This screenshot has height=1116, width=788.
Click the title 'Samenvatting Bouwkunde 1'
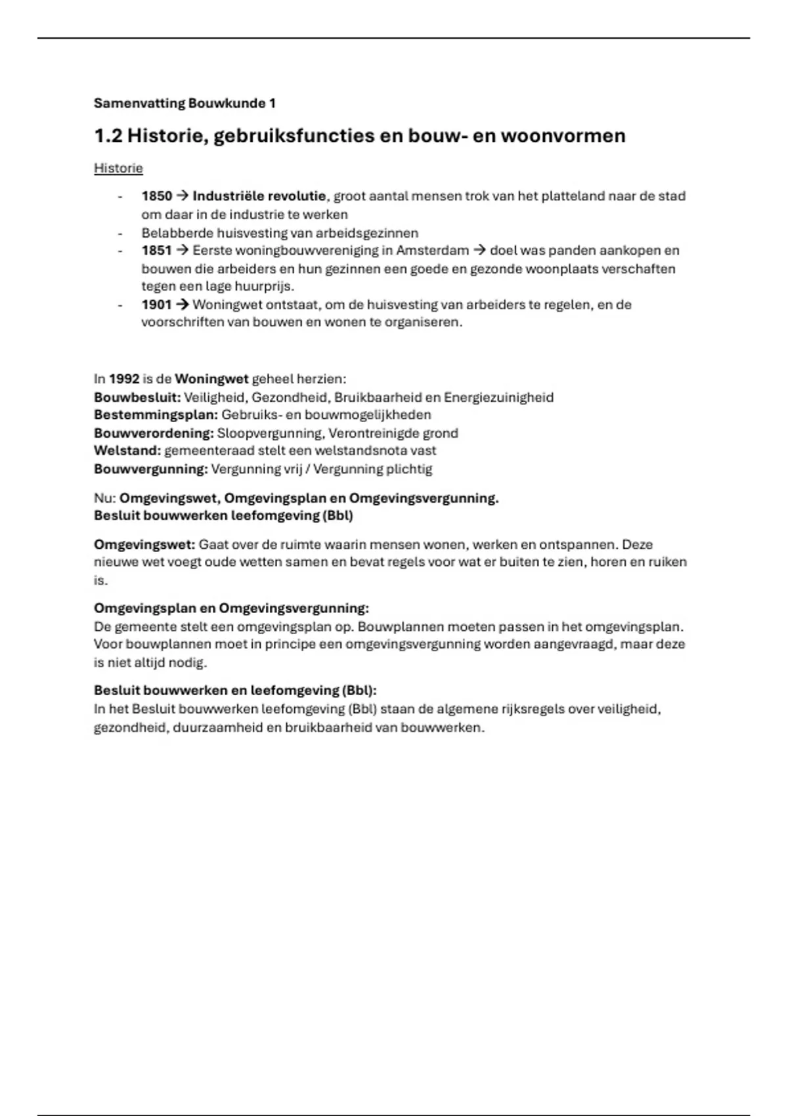point(185,103)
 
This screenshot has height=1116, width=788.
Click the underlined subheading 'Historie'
point(118,168)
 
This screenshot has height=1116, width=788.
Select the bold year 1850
point(156,196)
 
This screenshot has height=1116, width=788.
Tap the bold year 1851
point(156,251)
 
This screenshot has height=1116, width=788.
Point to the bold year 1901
point(156,305)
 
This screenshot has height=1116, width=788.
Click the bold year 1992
point(124,379)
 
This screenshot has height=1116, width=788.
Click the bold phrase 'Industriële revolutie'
point(259,196)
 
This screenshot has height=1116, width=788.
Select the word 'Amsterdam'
point(433,251)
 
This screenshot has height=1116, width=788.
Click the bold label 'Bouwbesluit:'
point(137,397)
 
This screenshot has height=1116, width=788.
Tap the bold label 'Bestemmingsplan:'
point(156,415)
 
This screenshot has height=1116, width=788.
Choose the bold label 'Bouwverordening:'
point(154,433)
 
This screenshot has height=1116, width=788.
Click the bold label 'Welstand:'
point(127,451)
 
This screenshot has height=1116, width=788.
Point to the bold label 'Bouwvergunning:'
point(151,469)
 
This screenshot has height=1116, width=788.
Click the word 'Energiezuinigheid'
point(498,397)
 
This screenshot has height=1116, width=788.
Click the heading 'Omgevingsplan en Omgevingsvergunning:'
point(231,608)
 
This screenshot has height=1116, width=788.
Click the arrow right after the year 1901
point(183,305)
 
